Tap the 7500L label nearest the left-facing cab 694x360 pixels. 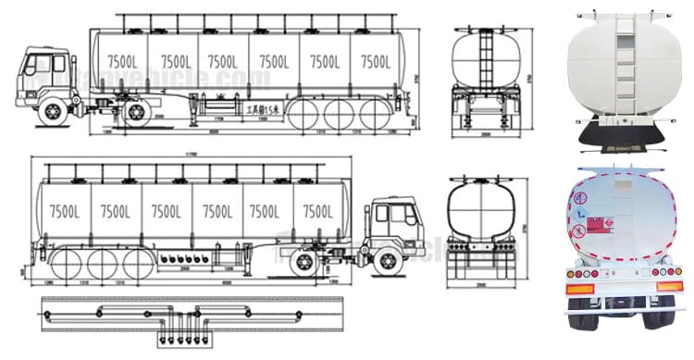120,62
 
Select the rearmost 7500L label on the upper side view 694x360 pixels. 376,62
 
